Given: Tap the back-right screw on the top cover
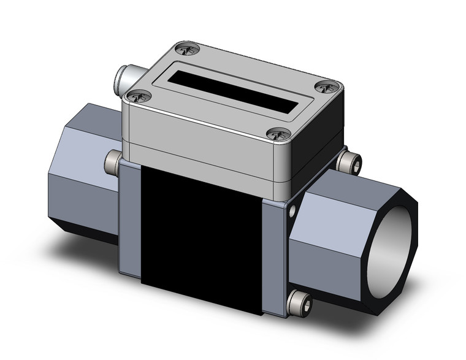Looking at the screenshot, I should click(327, 88).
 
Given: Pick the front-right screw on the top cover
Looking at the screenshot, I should click(278, 134).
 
